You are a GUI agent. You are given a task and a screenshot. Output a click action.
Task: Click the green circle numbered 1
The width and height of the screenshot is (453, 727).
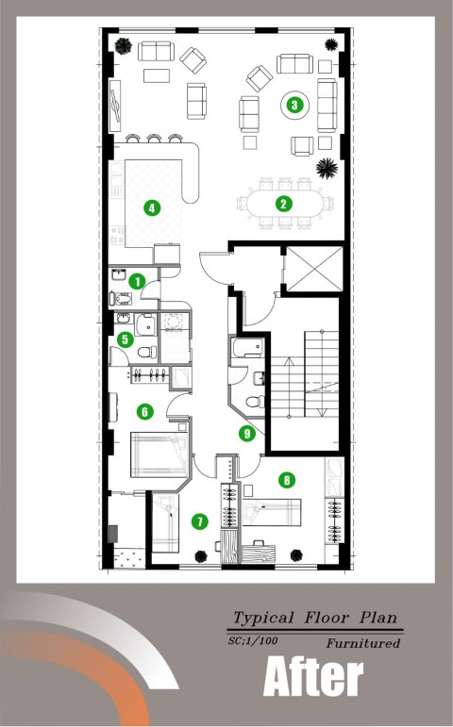[x=137, y=281]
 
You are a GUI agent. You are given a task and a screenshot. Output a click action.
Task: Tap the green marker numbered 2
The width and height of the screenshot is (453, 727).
[x=283, y=203]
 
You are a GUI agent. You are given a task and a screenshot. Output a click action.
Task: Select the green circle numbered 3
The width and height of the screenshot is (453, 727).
[x=294, y=105]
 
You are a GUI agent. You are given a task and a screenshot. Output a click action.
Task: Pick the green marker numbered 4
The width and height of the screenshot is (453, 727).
[x=152, y=207]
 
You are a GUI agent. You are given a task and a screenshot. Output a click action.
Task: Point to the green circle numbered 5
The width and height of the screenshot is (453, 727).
[x=125, y=339]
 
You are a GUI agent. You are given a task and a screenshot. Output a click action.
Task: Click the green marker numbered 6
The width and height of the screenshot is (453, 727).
[x=145, y=411]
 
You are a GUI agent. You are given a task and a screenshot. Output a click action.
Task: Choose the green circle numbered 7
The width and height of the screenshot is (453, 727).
[x=200, y=521]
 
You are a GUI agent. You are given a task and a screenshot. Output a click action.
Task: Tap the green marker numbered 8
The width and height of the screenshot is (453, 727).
[x=287, y=480]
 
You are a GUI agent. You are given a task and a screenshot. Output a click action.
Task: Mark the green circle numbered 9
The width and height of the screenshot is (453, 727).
[x=247, y=433]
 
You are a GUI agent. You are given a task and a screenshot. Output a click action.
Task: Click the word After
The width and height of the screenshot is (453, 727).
[x=313, y=677]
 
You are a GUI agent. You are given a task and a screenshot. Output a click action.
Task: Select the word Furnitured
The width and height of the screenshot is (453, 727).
[x=363, y=643]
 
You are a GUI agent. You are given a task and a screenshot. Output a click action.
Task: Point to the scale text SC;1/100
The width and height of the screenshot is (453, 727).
[x=253, y=641]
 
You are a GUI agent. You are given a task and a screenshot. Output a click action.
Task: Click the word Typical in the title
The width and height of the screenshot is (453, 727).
[x=263, y=618]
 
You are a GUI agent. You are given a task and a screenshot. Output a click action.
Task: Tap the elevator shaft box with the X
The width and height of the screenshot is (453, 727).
[x=314, y=270]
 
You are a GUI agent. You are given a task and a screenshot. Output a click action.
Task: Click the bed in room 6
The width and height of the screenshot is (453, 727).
[x=159, y=454]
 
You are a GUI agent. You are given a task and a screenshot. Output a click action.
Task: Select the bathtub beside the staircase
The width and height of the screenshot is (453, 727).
[x=248, y=348]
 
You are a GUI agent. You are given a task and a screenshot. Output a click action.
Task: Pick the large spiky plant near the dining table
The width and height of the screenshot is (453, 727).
[x=327, y=168]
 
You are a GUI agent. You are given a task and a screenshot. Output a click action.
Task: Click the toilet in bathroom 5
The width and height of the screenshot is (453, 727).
[x=147, y=353]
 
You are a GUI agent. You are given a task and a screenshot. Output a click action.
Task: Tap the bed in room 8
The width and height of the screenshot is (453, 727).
[x=272, y=512]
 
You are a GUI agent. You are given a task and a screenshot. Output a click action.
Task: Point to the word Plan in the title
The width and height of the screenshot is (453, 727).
[x=378, y=618]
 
